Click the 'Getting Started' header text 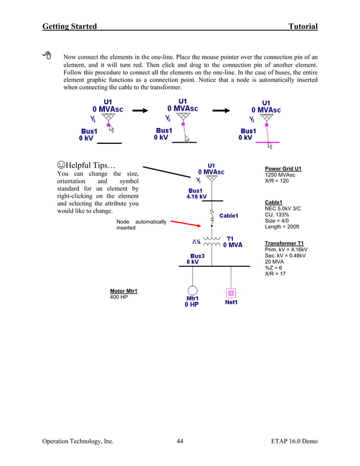[x=69, y=27]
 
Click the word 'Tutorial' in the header [x=302, y=27]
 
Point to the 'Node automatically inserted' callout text [x=141, y=225]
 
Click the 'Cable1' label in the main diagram [x=229, y=216]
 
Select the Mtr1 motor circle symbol [x=192, y=291]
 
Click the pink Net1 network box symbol [x=231, y=293]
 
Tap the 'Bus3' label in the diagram [x=197, y=256]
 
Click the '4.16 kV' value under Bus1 [x=196, y=197]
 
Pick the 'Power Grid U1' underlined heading [x=283, y=169]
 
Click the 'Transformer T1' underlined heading [x=284, y=243]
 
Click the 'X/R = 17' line [x=275, y=274]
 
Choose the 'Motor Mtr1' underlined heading [x=124, y=291]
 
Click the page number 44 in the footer [x=179, y=441]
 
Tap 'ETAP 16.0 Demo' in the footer [x=294, y=441]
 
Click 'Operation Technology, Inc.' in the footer [x=78, y=441]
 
